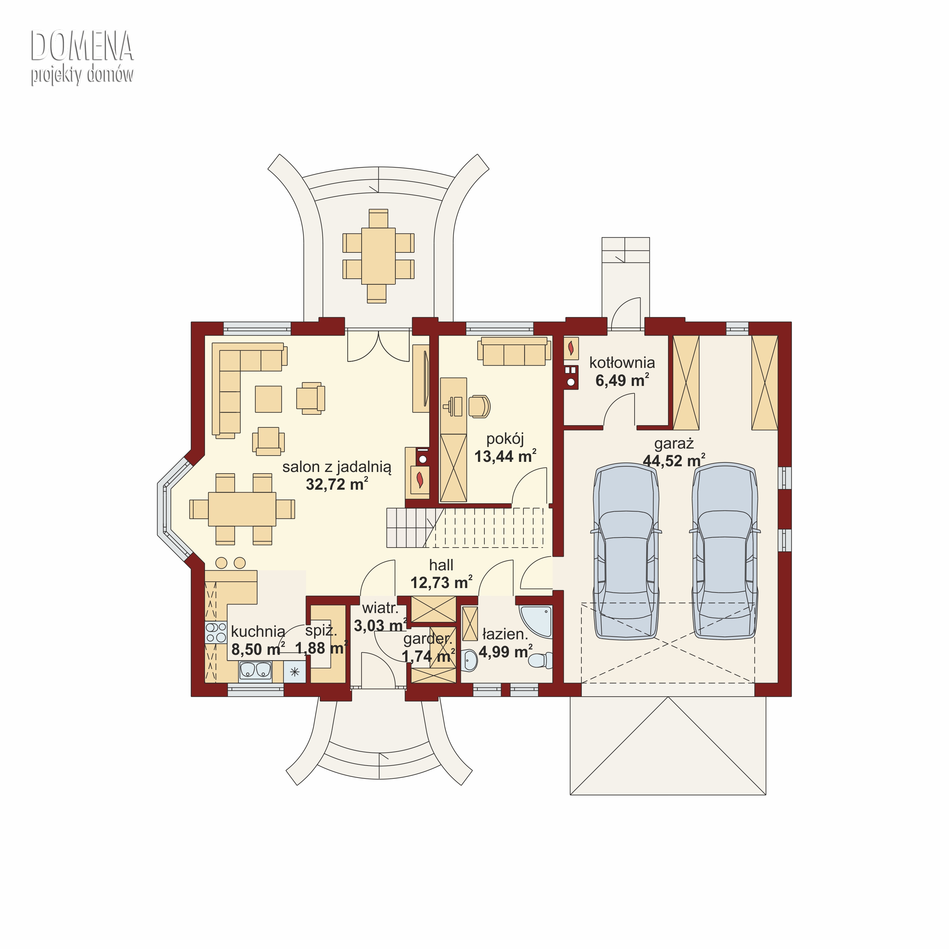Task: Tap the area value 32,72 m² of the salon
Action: (x=337, y=484)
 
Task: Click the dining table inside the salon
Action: (x=242, y=509)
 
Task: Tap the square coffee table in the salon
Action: (x=268, y=399)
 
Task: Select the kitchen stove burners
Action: (x=216, y=633)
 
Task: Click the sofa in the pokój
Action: (x=514, y=351)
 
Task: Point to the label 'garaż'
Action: (x=674, y=443)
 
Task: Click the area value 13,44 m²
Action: (x=505, y=456)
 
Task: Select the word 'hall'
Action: (x=441, y=565)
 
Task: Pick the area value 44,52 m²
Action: (x=674, y=461)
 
